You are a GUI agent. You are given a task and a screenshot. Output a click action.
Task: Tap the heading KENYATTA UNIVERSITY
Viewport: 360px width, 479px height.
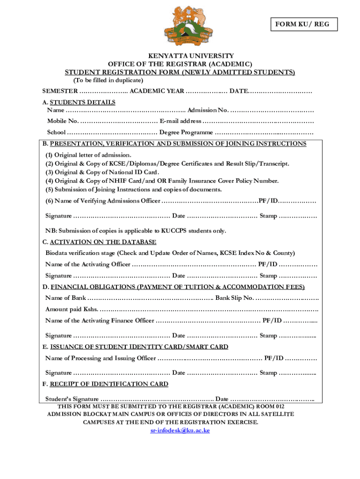tap(180, 56)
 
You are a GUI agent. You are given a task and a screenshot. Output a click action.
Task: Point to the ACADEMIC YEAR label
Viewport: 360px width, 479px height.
tap(157, 90)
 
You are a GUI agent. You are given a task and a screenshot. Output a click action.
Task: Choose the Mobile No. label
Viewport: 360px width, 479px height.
tap(63, 121)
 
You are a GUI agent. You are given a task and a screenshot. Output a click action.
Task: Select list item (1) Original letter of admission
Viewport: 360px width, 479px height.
tap(88, 155)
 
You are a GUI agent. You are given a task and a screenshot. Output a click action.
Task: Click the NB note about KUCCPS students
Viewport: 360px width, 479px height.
tap(136, 231)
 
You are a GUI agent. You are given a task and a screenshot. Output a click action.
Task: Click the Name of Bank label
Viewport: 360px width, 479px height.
tap(65, 298)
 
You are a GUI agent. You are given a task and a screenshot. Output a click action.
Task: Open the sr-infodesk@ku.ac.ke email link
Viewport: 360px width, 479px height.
tap(180, 430)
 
